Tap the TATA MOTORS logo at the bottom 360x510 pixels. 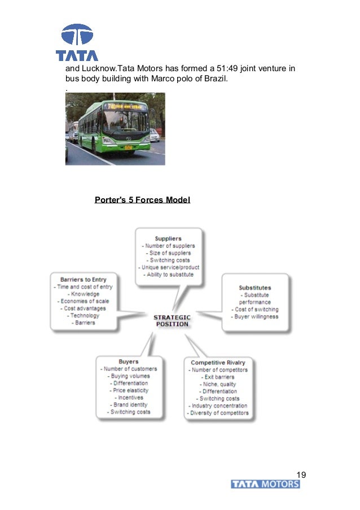(x=265, y=485)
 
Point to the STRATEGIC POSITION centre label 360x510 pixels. (x=172, y=321)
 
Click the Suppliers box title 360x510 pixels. (x=168, y=238)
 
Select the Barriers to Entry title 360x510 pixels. (x=82, y=280)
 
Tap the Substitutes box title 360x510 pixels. (x=254, y=288)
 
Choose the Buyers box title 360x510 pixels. (x=129, y=361)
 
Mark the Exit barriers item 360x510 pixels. (x=217, y=377)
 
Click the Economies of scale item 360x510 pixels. (x=82, y=301)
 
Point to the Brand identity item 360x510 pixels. (x=130, y=405)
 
